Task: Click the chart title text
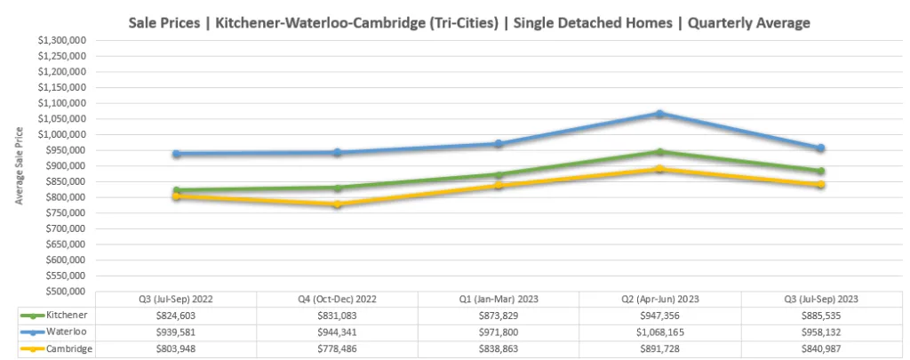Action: point(468,23)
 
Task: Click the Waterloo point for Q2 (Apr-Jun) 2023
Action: point(659,114)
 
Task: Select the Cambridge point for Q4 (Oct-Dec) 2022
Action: point(338,204)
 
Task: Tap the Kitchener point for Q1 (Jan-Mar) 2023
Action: point(499,175)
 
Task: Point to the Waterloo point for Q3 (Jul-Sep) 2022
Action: point(176,154)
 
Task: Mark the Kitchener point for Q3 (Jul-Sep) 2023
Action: point(821,172)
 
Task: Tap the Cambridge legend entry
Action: point(55,348)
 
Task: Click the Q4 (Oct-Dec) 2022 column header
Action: point(337,299)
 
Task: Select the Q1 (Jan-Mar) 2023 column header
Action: point(498,299)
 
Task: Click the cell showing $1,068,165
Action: point(659,332)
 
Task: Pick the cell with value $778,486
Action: point(337,348)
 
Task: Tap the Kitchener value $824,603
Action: point(176,315)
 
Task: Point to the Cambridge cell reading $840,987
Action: point(820,348)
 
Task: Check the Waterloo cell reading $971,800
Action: point(498,332)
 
